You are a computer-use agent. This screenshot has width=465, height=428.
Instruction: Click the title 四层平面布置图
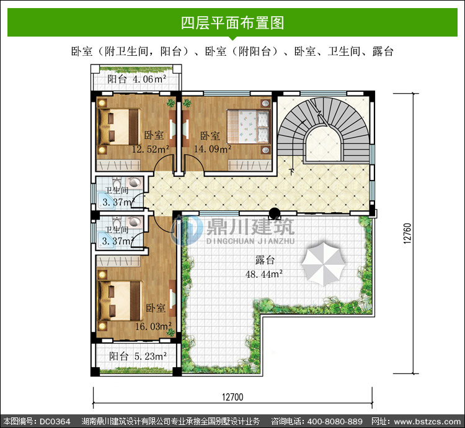[x=232, y=23]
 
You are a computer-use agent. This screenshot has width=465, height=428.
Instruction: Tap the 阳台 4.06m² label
[x=137, y=79]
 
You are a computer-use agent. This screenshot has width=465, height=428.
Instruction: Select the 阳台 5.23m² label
[x=138, y=356]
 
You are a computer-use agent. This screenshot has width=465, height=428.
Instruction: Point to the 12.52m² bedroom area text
[x=151, y=149]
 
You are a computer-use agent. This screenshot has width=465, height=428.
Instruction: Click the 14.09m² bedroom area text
[x=213, y=149]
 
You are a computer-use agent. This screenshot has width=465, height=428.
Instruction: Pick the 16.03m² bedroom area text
[x=153, y=326]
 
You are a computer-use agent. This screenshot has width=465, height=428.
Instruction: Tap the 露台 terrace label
[x=265, y=260]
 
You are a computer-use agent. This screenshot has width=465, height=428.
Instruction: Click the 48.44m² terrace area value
[x=264, y=274]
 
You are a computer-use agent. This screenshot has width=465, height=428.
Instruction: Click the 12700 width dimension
[x=232, y=397]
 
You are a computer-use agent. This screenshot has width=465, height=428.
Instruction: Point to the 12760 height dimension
[x=407, y=234]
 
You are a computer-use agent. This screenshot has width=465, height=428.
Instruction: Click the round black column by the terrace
[x=275, y=212]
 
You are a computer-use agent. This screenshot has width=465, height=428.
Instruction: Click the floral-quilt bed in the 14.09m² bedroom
[x=249, y=127]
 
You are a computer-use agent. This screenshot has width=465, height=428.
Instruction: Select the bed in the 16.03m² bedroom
[x=120, y=301]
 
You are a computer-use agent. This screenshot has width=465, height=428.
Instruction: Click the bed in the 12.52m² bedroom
[x=119, y=127]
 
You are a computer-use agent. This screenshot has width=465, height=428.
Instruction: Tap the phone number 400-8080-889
[x=335, y=421]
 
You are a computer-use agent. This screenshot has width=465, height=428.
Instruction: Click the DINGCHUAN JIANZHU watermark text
[x=250, y=241]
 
